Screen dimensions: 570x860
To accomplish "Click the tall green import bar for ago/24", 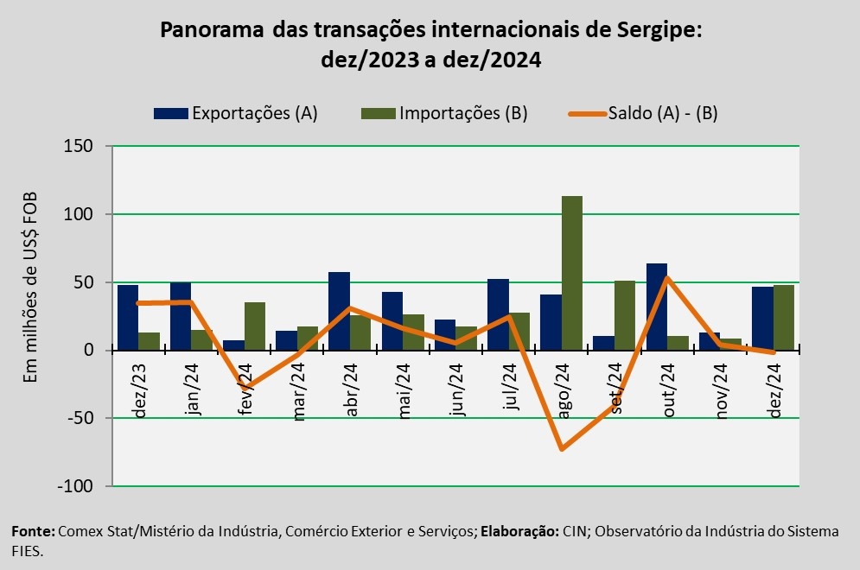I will tap(572, 273).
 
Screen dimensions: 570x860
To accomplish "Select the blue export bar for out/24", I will tap(657, 307).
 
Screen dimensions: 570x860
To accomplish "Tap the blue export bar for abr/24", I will tap(340, 311).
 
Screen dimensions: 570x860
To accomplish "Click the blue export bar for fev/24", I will tap(234, 345).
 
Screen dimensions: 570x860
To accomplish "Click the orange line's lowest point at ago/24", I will tap(562, 449).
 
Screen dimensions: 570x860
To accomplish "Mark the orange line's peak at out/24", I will tap(667, 278).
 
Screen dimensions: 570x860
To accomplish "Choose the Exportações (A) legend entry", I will tap(236, 113).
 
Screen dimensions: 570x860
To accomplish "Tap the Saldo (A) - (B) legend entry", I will tap(643, 113).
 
